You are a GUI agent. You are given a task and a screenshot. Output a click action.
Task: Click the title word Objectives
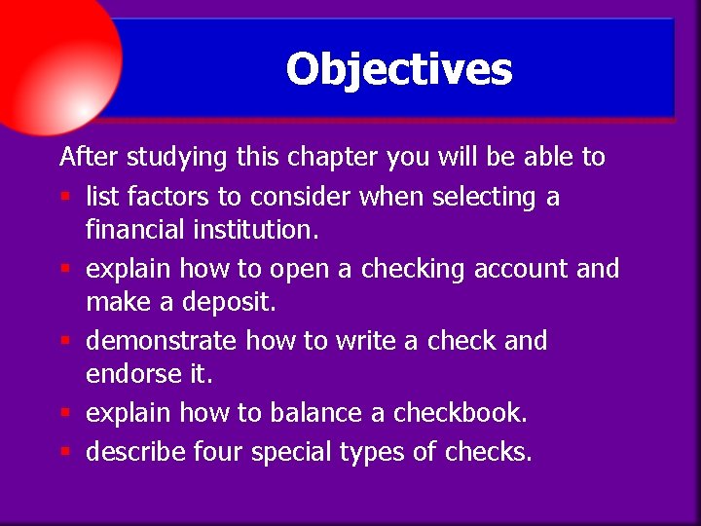(x=398, y=70)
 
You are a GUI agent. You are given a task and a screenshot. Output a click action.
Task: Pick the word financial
(x=133, y=230)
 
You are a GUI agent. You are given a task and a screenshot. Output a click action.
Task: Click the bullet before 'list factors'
(x=64, y=198)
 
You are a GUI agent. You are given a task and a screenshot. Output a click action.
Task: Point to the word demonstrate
(x=161, y=341)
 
